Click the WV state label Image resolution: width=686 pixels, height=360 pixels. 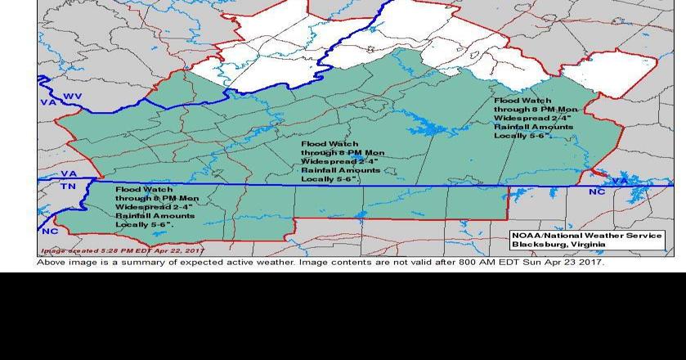point(73,97)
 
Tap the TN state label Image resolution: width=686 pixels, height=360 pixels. point(68,187)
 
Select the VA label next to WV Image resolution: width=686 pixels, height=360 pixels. point(48,102)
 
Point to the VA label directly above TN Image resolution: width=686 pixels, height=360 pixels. point(69,174)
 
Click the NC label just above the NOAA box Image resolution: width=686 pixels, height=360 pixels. point(598,191)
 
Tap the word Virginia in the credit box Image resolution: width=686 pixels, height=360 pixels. point(588,244)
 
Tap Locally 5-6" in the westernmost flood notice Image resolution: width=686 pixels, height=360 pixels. point(144,224)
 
